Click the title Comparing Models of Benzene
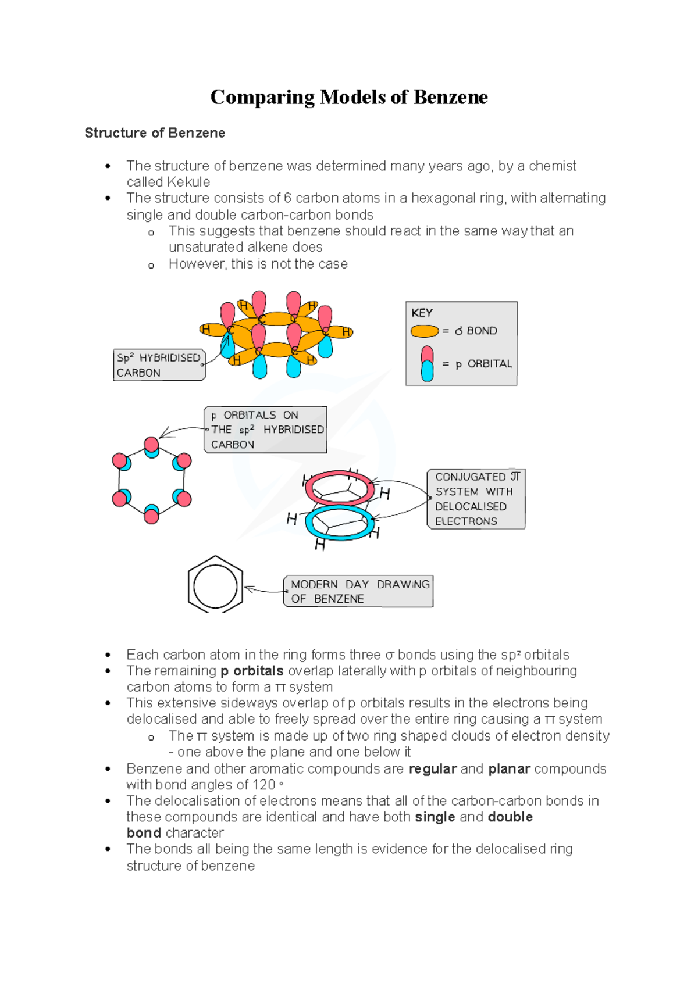click(349, 97)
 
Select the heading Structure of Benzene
click(155, 133)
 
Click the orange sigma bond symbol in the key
click(424, 331)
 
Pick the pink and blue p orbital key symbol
click(427, 363)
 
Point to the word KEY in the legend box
click(422, 313)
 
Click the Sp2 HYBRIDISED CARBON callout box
click(159, 365)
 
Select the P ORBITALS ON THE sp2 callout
click(265, 430)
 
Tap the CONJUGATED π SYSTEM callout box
click(476, 499)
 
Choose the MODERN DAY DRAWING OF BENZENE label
click(358, 591)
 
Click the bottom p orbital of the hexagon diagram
click(152, 514)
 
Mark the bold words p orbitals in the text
click(252, 671)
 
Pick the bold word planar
click(509, 768)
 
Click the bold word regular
click(433, 768)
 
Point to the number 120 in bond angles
click(264, 785)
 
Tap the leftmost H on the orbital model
click(205, 330)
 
